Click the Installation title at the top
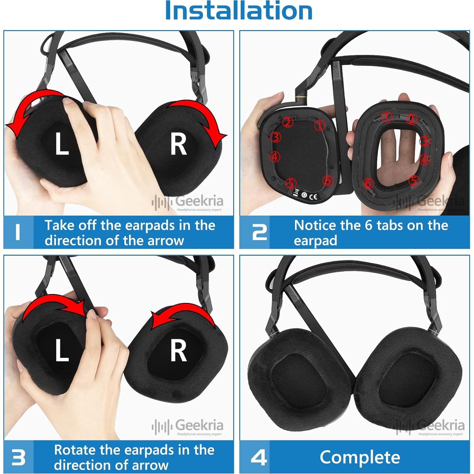[x=239, y=11]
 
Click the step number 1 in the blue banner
[x=18, y=232]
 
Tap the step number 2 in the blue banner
[x=259, y=233]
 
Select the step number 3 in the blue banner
[x=18, y=457]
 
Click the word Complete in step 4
[x=360, y=457]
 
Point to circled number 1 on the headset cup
[x=319, y=125]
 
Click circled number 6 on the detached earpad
[x=368, y=183]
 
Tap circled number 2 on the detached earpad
[x=411, y=119]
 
